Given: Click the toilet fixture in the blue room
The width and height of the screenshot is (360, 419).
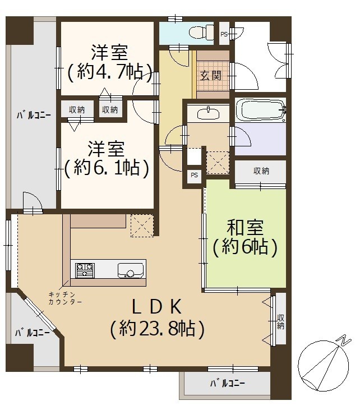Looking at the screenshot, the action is click(x=201, y=32).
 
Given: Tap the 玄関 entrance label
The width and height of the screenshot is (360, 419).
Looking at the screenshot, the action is click(x=211, y=76).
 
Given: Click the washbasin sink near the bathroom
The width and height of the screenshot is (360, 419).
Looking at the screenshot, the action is click(x=208, y=113).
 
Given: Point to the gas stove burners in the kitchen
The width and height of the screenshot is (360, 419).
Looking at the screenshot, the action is click(x=85, y=270).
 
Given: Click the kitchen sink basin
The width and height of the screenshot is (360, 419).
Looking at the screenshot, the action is click(x=130, y=270).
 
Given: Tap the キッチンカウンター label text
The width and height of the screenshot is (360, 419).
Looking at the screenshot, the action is click(x=65, y=298).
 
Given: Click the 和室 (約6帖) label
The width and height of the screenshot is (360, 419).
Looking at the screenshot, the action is click(x=245, y=237).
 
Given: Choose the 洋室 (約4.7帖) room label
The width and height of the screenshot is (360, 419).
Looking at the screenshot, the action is click(x=109, y=62).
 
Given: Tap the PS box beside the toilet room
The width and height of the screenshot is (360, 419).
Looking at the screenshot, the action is click(x=224, y=34).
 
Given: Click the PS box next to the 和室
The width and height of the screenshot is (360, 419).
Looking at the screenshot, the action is click(x=194, y=176).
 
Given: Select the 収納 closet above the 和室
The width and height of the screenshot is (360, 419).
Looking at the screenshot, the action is click(x=261, y=172).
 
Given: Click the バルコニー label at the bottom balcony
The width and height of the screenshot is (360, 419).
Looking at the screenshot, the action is click(x=228, y=384).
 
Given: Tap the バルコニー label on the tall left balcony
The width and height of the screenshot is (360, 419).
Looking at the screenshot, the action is click(x=34, y=116).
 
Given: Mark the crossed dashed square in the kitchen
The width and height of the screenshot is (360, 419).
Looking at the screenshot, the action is click(x=142, y=226).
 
